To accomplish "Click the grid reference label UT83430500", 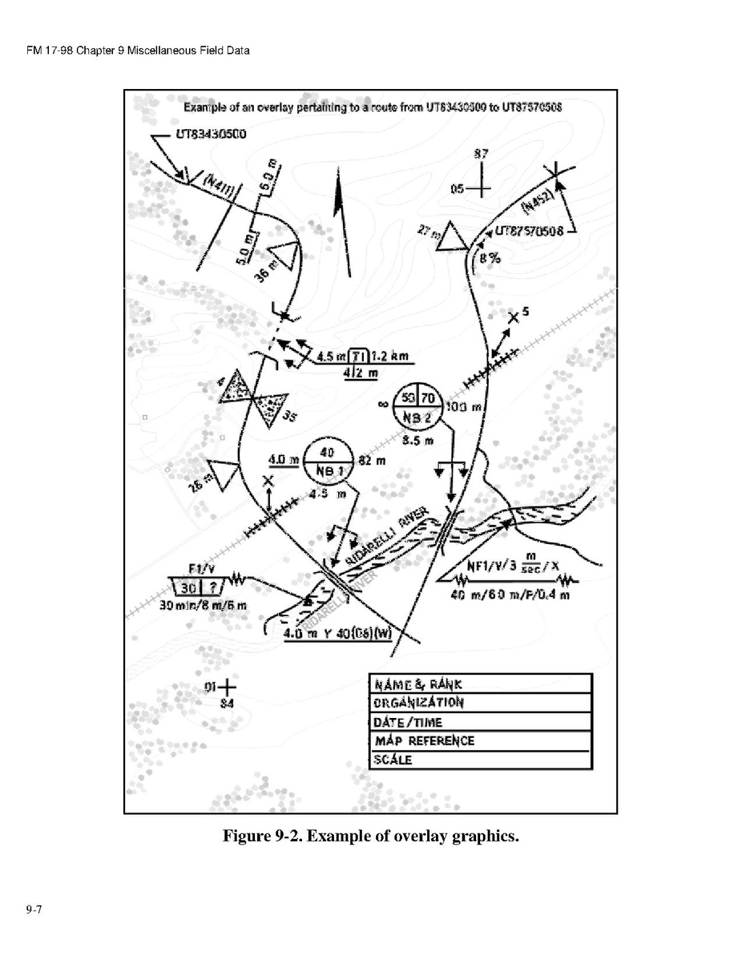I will coord(212,134).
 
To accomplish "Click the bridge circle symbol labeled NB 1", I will coord(325,461).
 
